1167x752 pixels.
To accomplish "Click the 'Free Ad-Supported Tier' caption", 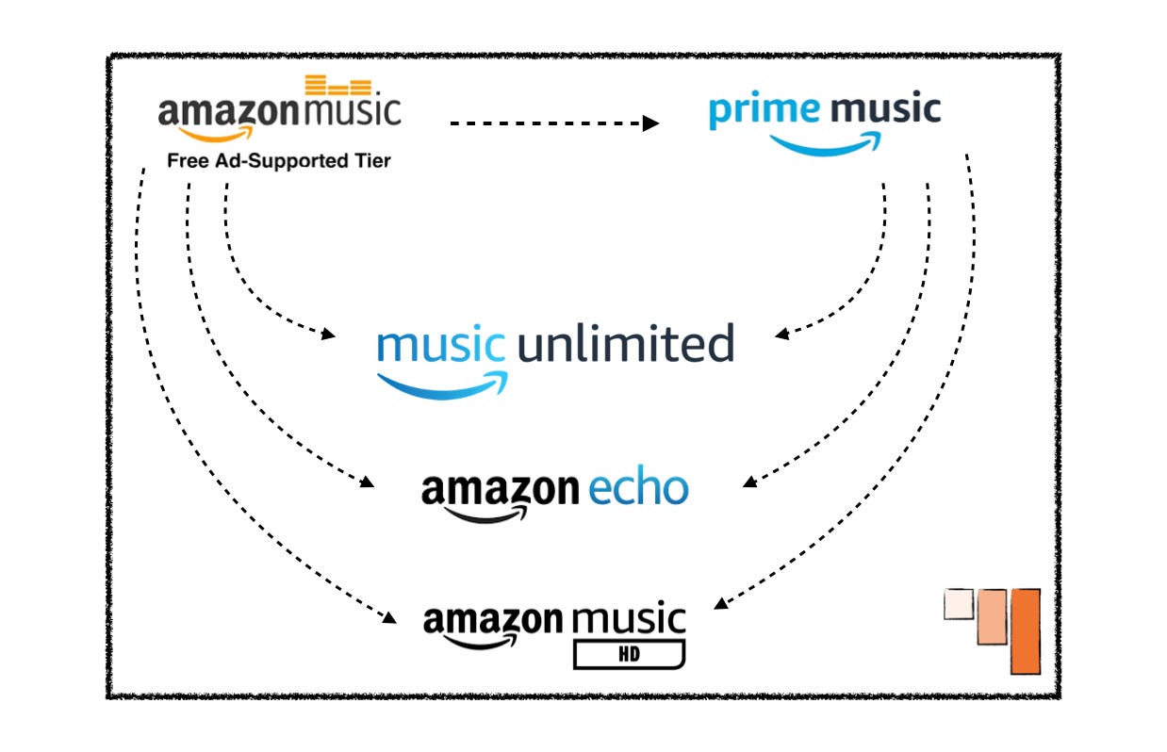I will coord(278,161).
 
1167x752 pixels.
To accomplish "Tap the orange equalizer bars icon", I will coord(338,88).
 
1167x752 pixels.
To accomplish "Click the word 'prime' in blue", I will coord(764,110).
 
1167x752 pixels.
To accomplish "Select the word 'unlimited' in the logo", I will coord(625,345).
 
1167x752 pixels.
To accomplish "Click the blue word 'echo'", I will coord(638,488).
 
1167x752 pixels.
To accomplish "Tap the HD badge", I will coord(629,653).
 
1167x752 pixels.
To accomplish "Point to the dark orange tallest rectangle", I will coord(1025,631).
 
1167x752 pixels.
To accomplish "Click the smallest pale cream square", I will coord(958,604).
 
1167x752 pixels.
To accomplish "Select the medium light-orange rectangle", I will coord(992,617).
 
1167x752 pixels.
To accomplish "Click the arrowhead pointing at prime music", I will coord(651,123).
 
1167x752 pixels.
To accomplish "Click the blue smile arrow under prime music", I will coord(825,144).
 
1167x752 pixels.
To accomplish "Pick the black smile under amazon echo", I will coord(486,515).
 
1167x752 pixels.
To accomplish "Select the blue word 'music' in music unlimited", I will coord(440,345).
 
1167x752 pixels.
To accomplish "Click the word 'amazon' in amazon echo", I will coord(500,490).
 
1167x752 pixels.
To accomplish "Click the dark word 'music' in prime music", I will coord(886,110).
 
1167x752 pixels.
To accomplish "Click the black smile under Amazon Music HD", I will coord(481,643).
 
